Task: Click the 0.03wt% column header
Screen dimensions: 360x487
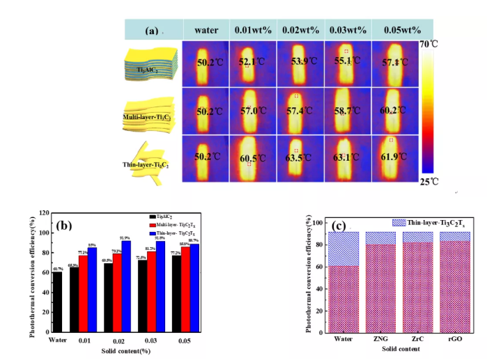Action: click(348, 30)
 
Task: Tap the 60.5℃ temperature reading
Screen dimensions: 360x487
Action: click(252, 159)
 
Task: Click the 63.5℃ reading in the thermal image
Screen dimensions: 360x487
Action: click(300, 158)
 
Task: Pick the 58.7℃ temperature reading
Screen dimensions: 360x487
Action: click(347, 111)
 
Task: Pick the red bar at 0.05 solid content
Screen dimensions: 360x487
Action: click(185, 297)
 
